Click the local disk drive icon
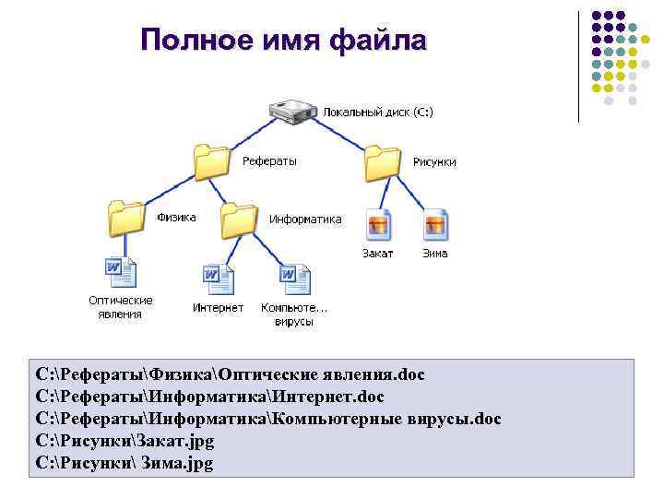tap(294, 111)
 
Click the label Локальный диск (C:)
tap(377, 112)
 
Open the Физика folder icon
tap(126, 219)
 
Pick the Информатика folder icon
tap(239, 219)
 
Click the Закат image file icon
tap(378, 224)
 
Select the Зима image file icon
tap(434, 224)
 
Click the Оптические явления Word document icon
tap(121, 273)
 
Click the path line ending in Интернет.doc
tap(209, 397)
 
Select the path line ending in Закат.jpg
tap(125, 441)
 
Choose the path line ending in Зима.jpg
tap(125, 463)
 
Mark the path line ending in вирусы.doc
tap(268, 419)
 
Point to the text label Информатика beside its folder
tap(305, 219)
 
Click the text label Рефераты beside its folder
tap(269, 161)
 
